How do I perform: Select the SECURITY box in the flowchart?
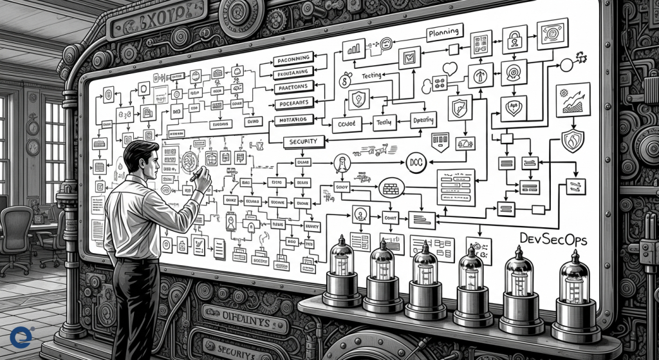pos(308,142)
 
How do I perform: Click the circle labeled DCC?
pos(415,163)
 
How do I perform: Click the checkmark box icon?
pos(408,59)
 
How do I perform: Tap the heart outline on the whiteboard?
pos(450,68)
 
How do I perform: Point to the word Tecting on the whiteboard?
pos(371,76)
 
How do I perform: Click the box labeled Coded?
pos(348,122)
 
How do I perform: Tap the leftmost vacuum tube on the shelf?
pos(342,270)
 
